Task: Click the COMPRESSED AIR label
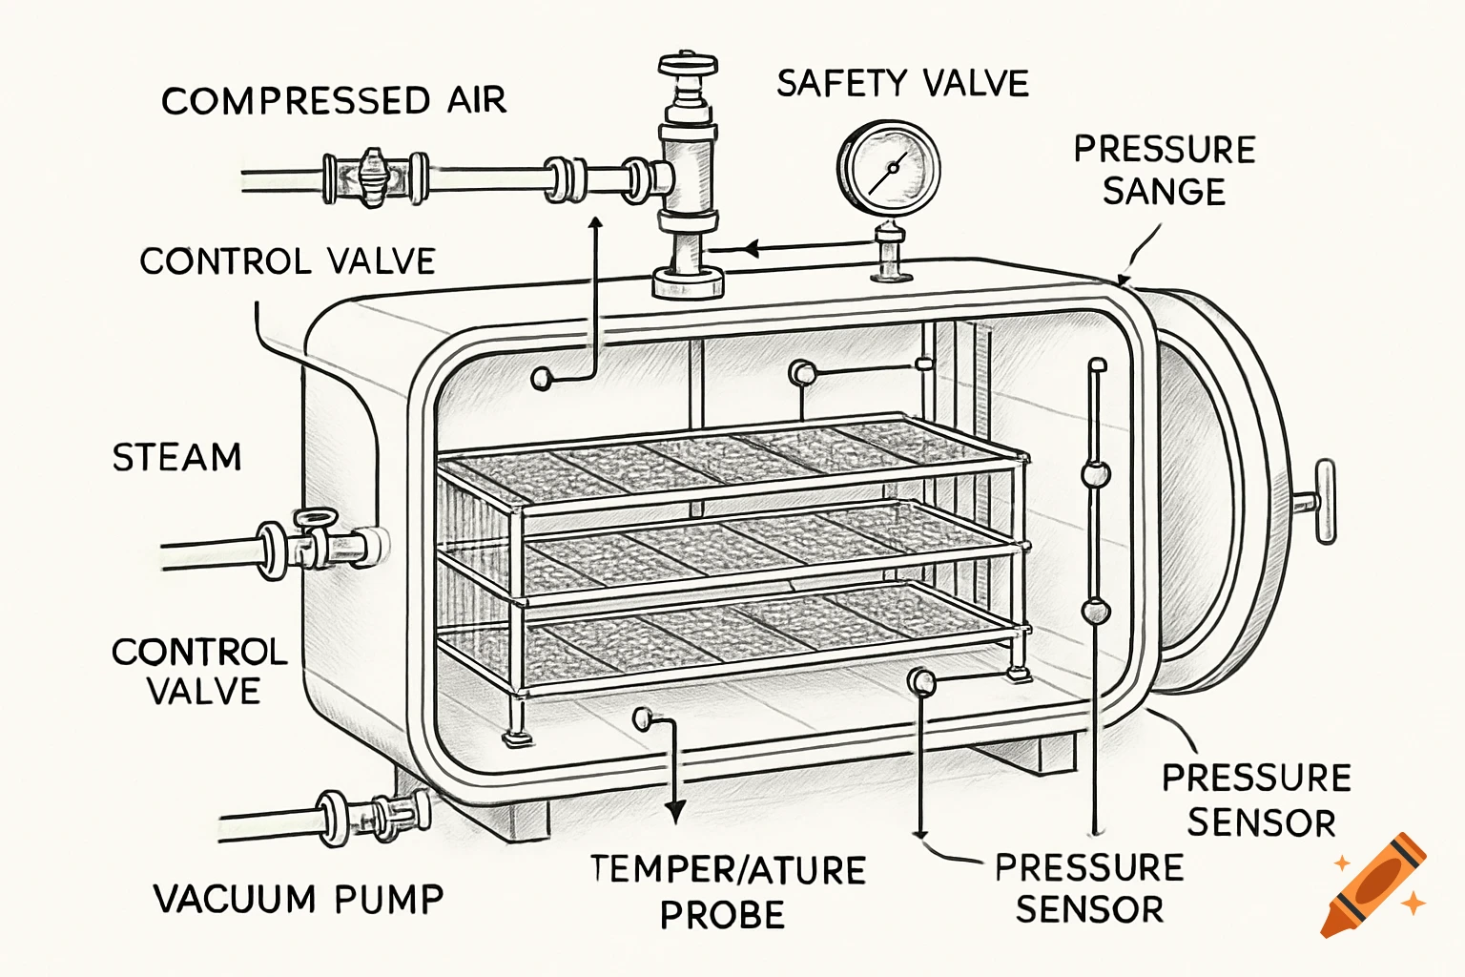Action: (333, 100)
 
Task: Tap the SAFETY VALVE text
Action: (902, 84)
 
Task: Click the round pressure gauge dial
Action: (889, 169)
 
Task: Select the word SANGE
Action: (1164, 192)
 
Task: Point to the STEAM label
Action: (177, 457)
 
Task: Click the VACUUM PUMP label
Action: (299, 899)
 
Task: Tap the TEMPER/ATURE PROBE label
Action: (727, 891)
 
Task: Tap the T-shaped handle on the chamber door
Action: (1324, 501)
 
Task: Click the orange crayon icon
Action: (1375, 886)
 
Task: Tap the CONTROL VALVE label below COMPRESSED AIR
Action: (287, 261)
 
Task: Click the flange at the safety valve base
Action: (687, 283)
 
